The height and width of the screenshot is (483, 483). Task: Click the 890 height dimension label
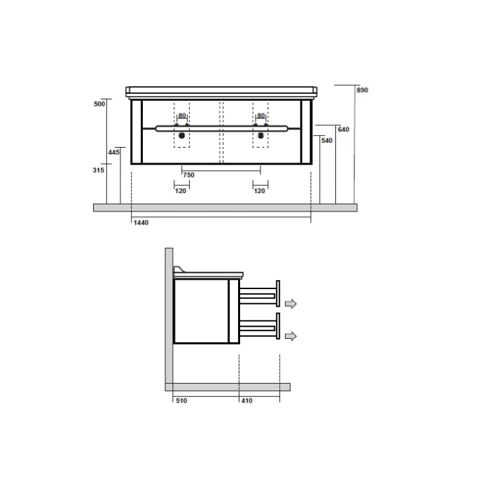(x=362, y=90)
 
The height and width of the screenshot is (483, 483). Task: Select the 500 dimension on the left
(x=99, y=104)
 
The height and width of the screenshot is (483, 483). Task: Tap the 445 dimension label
(x=114, y=152)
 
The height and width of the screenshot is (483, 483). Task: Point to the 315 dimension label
(x=98, y=169)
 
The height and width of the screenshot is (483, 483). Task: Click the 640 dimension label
(x=343, y=129)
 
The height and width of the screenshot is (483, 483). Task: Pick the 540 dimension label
(x=326, y=141)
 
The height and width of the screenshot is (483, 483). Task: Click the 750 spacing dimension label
(x=188, y=174)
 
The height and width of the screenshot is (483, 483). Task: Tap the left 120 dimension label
(x=181, y=190)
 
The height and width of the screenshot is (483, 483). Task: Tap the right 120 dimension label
(x=260, y=190)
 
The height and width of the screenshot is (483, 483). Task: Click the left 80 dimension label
(x=182, y=115)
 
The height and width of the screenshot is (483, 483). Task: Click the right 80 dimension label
(x=261, y=115)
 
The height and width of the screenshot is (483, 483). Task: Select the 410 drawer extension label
(x=246, y=401)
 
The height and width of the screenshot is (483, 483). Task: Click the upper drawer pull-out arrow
(x=290, y=303)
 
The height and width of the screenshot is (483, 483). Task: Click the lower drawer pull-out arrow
(x=290, y=336)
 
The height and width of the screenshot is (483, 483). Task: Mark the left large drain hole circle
(x=182, y=136)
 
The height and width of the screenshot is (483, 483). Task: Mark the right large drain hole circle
(x=261, y=136)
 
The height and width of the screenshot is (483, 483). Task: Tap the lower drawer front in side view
(x=278, y=327)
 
